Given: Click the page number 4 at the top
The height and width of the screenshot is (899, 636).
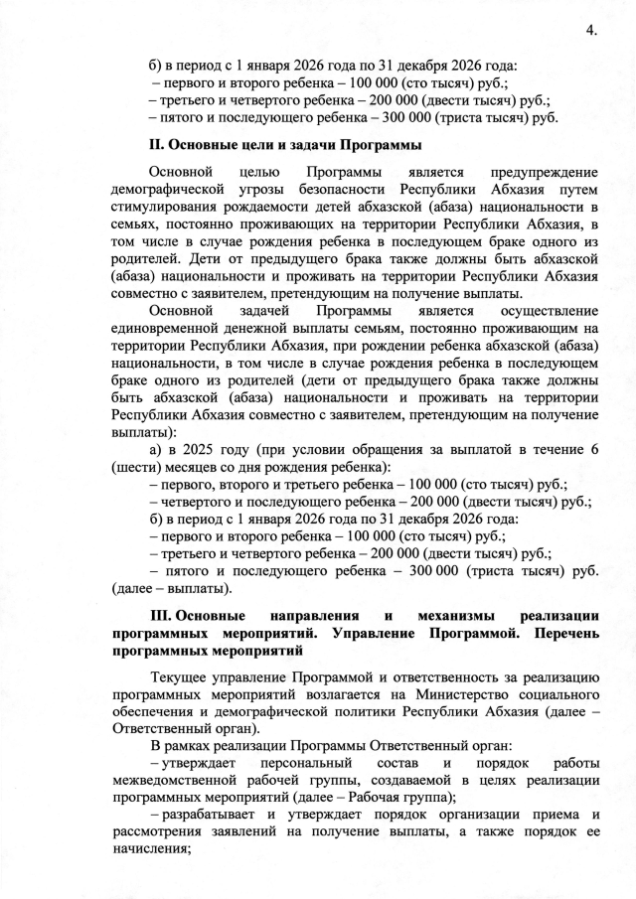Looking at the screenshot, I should point(589,29).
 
